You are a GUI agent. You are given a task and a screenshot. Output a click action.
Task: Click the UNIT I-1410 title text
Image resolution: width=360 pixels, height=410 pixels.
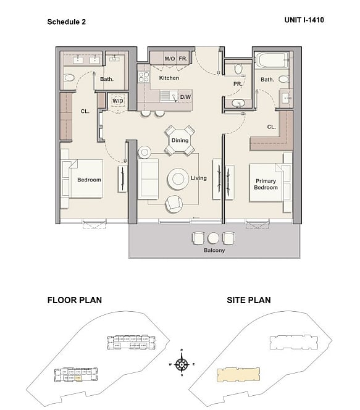[x=304, y=20]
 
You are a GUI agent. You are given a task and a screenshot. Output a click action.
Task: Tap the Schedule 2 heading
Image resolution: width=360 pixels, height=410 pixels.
[x=67, y=22]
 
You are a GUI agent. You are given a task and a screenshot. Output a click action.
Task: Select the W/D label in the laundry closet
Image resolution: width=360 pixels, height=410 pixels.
[x=118, y=101]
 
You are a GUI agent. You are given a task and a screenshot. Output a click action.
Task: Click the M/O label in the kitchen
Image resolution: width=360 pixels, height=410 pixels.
[x=170, y=59]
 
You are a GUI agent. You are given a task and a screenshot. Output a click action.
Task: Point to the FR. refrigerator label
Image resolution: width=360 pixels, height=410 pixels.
[x=183, y=59]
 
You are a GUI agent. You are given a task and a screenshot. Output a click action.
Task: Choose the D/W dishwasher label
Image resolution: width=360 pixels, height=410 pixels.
[x=185, y=97]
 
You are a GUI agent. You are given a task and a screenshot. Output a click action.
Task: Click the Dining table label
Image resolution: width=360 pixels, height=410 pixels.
[x=180, y=140]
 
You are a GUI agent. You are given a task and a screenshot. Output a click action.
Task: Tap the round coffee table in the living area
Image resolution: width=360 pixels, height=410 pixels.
[x=178, y=179]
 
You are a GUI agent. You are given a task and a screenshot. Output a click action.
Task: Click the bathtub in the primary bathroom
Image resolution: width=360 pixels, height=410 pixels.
[x=271, y=60]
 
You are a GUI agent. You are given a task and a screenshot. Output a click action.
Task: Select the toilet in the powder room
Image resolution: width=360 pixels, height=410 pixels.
[x=238, y=69]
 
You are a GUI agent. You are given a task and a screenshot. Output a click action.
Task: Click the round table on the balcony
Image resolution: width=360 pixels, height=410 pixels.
[x=213, y=238]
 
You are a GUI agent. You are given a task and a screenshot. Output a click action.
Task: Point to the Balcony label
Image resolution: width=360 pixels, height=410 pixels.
[x=214, y=250]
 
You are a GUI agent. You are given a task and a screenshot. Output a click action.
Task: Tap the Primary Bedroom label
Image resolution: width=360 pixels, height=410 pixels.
[x=266, y=184]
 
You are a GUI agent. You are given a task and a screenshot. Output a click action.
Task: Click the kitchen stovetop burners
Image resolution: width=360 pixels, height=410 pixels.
[x=144, y=77]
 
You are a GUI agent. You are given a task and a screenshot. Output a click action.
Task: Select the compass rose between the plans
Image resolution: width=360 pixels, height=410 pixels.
[x=182, y=364]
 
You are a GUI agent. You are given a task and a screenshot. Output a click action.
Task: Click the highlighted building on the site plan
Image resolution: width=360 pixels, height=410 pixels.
[x=238, y=374]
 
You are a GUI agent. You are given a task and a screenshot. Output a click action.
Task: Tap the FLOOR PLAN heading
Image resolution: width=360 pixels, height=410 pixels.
[x=75, y=300]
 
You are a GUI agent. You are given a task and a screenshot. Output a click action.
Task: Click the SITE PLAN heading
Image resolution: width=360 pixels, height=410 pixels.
[x=249, y=300]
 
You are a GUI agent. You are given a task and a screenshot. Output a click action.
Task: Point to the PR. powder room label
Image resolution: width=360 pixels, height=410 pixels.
[x=238, y=84]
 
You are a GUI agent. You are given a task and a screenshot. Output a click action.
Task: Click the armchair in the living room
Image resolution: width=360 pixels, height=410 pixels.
[x=174, y=204]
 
